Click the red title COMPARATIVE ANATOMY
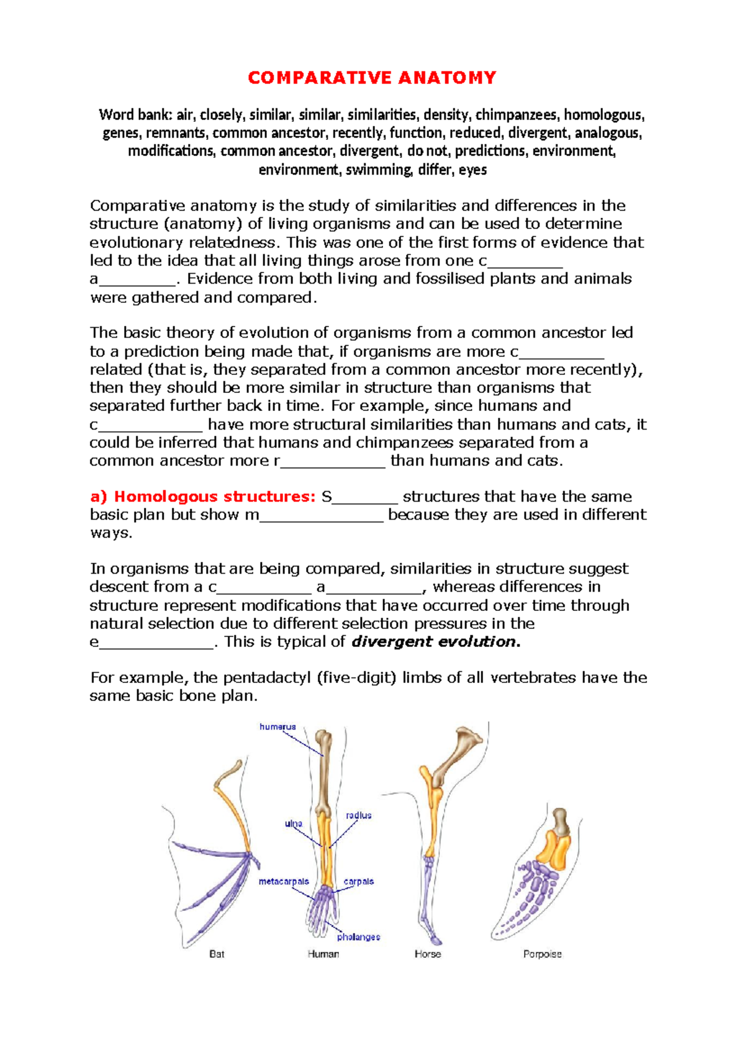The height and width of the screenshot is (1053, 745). click(x=372, y=78)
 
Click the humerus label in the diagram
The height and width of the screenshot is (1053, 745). click(x=278, y=726)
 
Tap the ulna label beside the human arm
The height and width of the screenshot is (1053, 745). click(x=293, y=824)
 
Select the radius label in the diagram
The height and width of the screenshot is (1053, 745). click(x=358, y=815)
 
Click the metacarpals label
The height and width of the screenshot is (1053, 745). click(x=284, y=882)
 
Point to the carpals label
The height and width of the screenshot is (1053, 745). click(x=359, y=882)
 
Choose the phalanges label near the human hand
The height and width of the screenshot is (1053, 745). click(x=358, y=937)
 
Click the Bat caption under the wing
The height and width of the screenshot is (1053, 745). click(x=217, y=954)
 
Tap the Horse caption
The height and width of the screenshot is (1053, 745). click(x=428, y=954)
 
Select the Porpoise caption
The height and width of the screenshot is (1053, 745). click(x=542, y=954)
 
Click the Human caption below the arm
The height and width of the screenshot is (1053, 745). click(x=323, y=954)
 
